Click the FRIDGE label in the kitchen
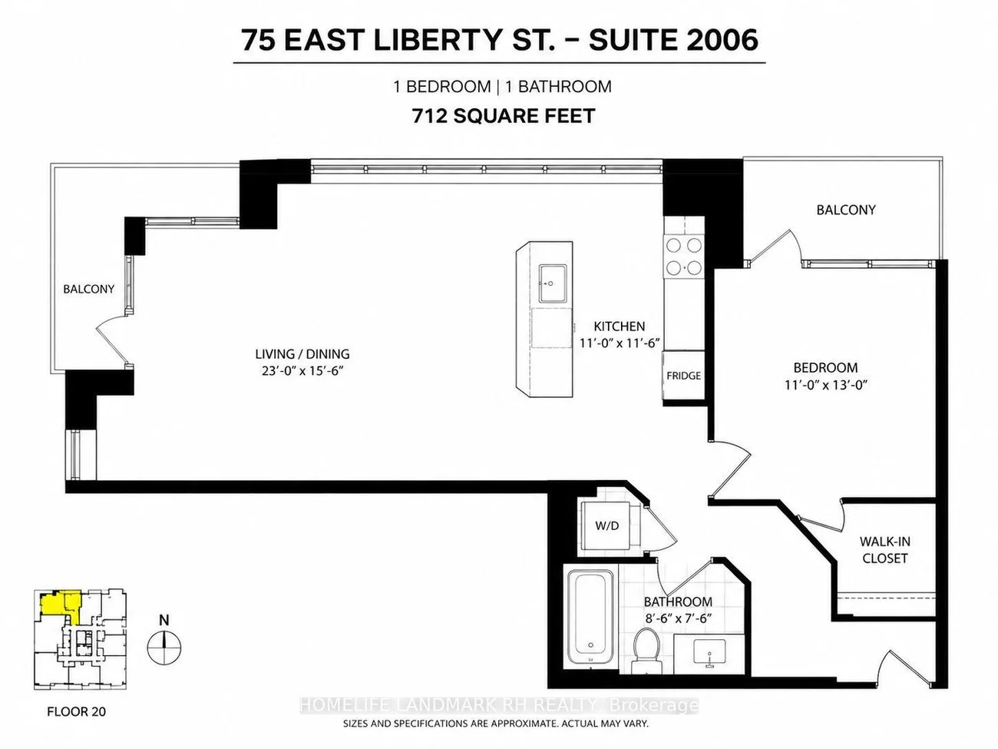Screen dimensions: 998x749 (x=683, y=376)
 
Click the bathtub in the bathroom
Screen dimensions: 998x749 (x=590, y=618)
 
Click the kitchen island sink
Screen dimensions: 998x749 (x=553, y=283)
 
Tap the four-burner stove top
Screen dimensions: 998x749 (x=684, y=257)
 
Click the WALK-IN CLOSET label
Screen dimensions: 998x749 (x=884, y=550)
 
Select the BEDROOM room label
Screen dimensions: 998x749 (x=826, y=367)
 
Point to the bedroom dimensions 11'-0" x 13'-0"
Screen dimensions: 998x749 (x=826, y=385)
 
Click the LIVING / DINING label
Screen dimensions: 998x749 (x=302, y=354)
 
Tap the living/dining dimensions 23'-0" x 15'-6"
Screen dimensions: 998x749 (x=302, y=371)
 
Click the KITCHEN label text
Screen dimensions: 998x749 (x=620, y=326)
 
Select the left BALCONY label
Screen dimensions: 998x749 (x=88, y=289)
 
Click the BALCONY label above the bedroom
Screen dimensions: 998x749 (x=846, y=210)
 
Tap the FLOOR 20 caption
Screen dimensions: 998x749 (x=76, y=711)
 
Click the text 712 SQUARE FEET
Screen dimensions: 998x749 (x=504, y=116)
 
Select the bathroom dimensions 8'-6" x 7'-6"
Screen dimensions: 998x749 (x=677, y=618)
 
